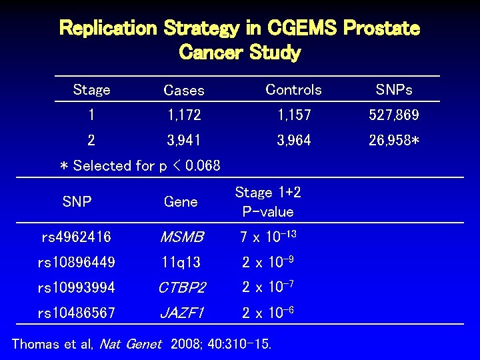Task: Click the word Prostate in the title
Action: [x=382, y=29]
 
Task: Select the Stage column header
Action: [x=91, y=89]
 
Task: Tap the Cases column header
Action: [x=184, y=90]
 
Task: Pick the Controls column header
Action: [x=293, y=89]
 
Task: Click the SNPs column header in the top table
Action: [x=394, y=89]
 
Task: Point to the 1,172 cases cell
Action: [x=184, y=115]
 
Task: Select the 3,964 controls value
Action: [x=294, y=141]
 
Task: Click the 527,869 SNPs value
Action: [x=394, y=115]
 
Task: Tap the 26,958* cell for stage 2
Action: [x=395, y=141]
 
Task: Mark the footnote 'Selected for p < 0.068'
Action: [x=139, y=165]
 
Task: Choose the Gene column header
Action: [x=181, y=201]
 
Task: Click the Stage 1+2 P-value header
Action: [x=268, y=202]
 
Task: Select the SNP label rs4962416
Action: [x=76, y=237]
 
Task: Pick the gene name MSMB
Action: [x=181, y=237]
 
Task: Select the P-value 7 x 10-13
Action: [x=267, y=237]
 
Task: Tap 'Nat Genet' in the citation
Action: [x=130, y=344]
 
